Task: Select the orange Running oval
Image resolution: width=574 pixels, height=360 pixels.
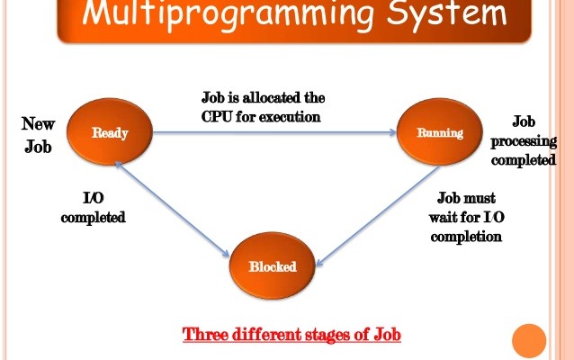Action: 440,133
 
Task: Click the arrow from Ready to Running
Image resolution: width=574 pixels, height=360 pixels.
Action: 274,133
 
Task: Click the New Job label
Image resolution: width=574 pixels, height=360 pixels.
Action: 38,134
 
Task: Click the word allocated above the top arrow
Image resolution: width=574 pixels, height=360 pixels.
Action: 275,97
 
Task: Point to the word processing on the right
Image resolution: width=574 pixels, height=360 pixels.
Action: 524,141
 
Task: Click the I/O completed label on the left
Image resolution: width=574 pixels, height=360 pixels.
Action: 93,208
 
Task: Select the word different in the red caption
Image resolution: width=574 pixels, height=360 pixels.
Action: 262,335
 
